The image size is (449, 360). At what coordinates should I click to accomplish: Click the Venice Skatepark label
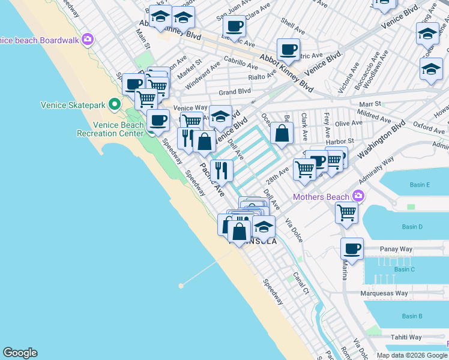click(73, 104)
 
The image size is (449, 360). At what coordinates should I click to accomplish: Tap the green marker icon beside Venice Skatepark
click(115, 105)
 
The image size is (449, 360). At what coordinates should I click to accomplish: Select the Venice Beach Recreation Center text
click(111, 129)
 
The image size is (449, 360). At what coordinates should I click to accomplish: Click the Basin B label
click(412, 316)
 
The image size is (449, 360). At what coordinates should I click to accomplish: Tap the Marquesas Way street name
click(384, 293)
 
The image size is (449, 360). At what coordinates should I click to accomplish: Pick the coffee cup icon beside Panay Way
click(352, 247)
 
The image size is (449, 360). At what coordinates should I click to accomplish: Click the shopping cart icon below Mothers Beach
click(347, 212)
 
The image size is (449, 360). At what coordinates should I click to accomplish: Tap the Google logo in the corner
click(20, 353)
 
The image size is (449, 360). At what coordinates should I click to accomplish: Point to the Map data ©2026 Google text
click(412, 355)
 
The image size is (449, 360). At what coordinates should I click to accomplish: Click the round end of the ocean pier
click(181, 286)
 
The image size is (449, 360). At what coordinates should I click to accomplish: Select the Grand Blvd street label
click(235, 92)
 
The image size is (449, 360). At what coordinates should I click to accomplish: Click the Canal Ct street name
click(301, 284)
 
